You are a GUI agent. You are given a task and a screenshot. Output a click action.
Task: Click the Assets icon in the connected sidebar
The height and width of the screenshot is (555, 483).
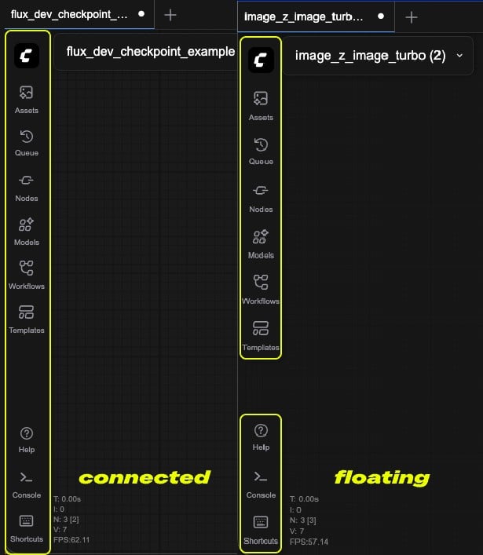(26, 93)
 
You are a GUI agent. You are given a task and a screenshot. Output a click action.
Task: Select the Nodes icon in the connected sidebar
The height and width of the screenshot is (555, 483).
(26, 181)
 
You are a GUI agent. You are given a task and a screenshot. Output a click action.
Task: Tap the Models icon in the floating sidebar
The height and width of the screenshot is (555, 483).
(261, 237)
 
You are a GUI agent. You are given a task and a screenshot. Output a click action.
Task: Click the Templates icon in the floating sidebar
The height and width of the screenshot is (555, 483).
(261, 328)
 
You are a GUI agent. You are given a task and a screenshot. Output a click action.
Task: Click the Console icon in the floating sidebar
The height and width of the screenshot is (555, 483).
(261, 476)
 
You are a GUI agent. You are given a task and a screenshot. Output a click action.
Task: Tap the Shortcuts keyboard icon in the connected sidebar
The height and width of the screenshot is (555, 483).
(26, 520)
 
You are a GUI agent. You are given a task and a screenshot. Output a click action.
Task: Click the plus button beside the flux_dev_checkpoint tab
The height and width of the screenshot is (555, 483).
(170, 15)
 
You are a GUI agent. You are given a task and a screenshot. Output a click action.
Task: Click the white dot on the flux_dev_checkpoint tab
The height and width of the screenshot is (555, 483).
(141, 14)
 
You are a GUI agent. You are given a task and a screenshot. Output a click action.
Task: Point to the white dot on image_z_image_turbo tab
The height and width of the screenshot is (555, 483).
(381, 16)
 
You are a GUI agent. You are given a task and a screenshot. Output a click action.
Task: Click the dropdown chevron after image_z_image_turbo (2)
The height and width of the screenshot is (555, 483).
(459, 56)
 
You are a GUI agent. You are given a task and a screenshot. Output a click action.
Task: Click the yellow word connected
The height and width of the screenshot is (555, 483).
(145, 477)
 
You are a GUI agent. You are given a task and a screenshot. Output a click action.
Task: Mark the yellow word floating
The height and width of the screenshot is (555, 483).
(382, 478)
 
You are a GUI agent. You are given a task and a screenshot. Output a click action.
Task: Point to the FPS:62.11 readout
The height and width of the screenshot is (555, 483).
(71, 540)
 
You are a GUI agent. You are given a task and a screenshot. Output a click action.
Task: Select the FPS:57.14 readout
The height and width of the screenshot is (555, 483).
(309, 542)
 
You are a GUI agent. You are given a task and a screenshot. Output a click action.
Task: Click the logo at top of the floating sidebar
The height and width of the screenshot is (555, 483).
(261, 60)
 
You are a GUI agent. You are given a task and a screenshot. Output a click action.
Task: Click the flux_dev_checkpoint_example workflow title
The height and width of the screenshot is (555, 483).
(151, 52)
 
